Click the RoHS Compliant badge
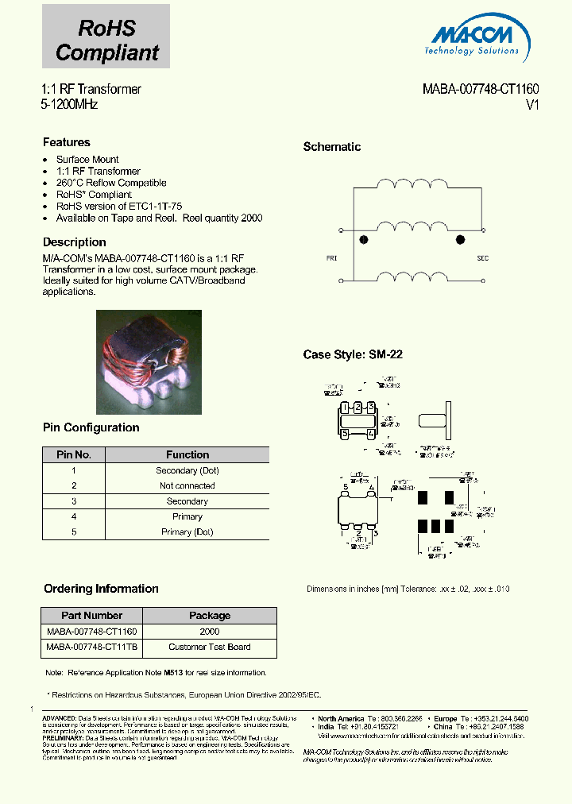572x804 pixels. pyautogui.click(x=106, y=37)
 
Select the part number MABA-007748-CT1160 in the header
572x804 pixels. pyautogui.click(x=481, y=90)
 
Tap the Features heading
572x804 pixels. pyautogui.click(x=66, y=142)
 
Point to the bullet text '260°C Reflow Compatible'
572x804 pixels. pyautogui.click(x=111, y=183)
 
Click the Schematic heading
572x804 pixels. pyautogui.click(x=332, y=147)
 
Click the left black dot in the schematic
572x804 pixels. pyautogui.click(x=365, y=239)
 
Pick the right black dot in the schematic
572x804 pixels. pyautogui.click(x=459, y=239)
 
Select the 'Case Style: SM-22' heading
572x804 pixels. pyautogui.click(x=353, y=355)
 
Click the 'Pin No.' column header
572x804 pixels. pyautogui.click(x=74, y=455)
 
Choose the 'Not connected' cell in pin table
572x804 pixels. pyautogui.click(x=187, y=485)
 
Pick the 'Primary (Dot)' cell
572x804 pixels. pyautogui.click(x=187, y=532)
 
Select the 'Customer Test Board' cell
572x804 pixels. pyautogui.click(x=210, y=647)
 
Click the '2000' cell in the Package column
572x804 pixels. pyautogui.click(x=210, y=632)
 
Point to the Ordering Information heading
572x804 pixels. pyautogui.click(x=101, y=589)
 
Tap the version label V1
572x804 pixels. pyautogui.click(x=532, y=105)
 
